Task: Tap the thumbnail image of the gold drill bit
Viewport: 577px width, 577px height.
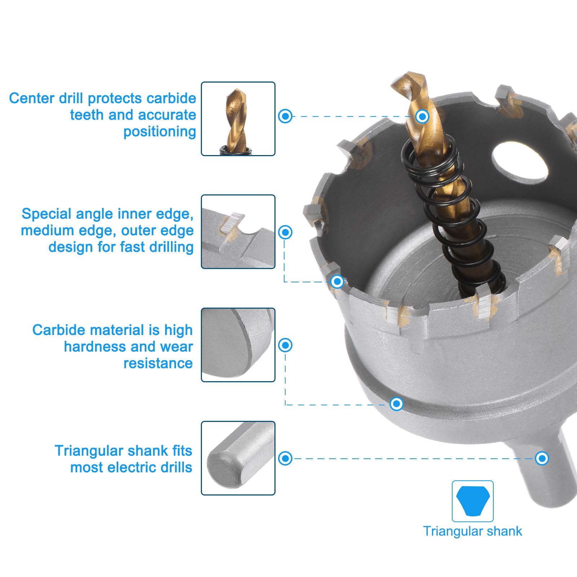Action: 238,119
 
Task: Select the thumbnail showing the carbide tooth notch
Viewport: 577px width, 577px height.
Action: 238,232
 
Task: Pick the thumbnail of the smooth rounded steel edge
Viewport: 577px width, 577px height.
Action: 238,345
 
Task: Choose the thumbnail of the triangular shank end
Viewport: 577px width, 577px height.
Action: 238,458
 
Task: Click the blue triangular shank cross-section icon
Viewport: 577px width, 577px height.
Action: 472,501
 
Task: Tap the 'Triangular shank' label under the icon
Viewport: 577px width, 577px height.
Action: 472,531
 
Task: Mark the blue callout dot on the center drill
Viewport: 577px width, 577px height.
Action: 422,116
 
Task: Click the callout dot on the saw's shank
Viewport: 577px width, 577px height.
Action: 542,458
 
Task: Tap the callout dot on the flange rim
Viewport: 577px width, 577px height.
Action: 396,404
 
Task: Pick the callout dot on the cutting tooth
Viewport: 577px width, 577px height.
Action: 337,281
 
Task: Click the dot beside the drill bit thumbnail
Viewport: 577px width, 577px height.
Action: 285,116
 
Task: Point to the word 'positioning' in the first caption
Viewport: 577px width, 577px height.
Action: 159,132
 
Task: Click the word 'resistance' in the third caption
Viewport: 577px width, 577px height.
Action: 158,364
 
